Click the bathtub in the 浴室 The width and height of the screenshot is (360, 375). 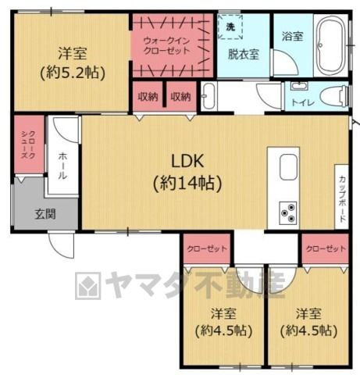(330, 45)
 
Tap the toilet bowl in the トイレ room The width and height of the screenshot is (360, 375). (334, 97)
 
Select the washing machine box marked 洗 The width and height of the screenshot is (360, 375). (230, 27)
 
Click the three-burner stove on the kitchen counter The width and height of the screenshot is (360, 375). (288, 212)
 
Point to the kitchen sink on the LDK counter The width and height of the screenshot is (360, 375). (288, 167)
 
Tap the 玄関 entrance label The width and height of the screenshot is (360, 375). (45, 214)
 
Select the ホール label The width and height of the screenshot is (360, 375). (62, 166)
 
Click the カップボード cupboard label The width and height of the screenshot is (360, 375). (343, 199)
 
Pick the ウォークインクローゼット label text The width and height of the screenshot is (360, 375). (166, 46)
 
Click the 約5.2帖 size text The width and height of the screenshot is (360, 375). (73, 73)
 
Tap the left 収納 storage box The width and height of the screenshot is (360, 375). (148, 96)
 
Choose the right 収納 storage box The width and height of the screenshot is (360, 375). (181, 96)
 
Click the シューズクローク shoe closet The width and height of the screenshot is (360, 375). (29, 145)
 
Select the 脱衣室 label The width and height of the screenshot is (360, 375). (244, 54)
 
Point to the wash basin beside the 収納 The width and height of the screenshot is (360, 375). (209, 96)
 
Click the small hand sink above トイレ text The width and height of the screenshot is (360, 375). (299, 86)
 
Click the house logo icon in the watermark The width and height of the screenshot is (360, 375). (88, 286)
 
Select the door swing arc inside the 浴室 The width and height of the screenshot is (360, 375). (286, 62)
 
